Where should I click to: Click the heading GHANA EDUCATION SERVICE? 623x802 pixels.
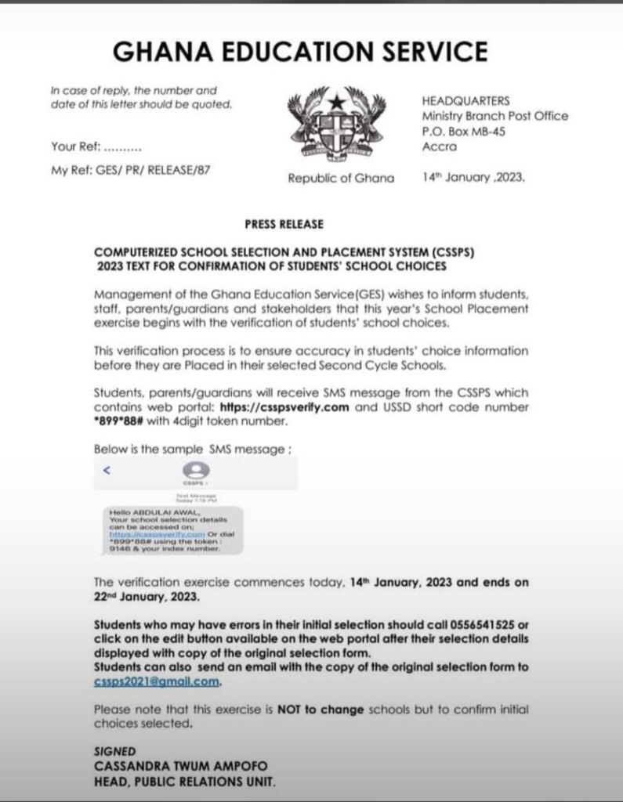pyautogui.click(x=300, y=52)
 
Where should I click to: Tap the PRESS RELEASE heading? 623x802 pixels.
pyautogui.click(x=283, y=224)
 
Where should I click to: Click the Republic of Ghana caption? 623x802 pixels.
pyautogui.click(x=341, y=178)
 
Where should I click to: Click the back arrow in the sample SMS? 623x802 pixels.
pyautogui.click(x=107, y=471)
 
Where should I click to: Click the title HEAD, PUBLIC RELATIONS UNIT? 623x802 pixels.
pyautogui.click(x=184, y=781)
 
